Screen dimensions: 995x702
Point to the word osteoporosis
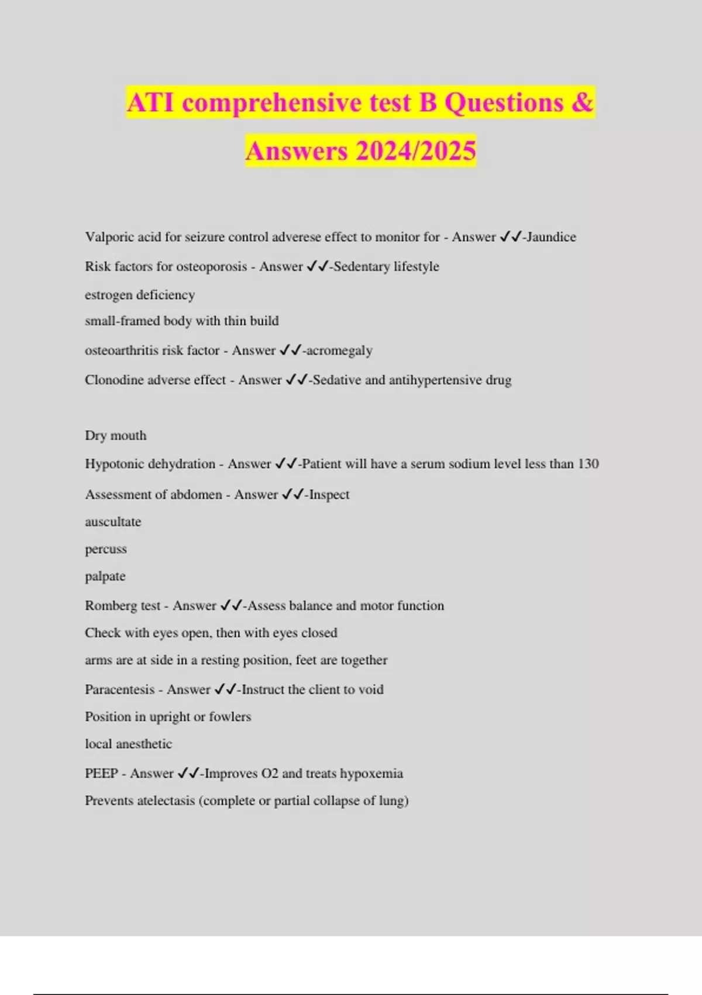tap(211, 266)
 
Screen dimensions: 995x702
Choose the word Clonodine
tap(113, 380)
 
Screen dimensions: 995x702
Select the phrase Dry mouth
tap(116, 435)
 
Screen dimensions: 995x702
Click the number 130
tap(588, 464)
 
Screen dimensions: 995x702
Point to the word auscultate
tap(113, 521)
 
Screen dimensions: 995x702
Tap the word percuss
tap(106, 549)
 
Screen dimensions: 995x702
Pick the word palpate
tap(105, 577)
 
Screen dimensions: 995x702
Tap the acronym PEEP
tap(101, 773)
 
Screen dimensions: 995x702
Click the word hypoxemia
tap(371, 773)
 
